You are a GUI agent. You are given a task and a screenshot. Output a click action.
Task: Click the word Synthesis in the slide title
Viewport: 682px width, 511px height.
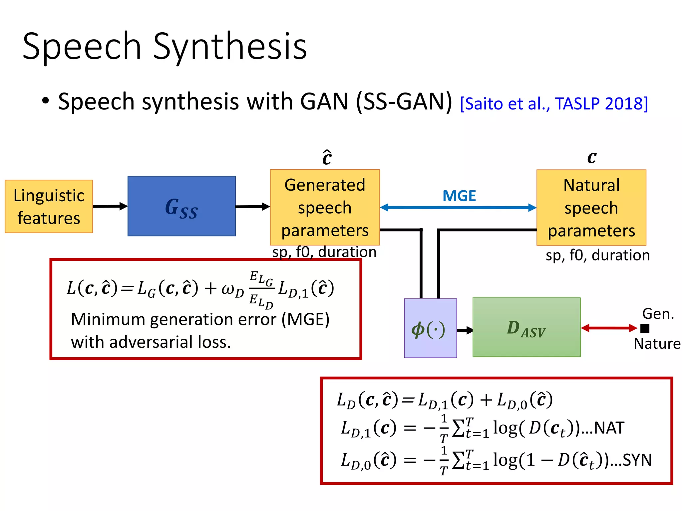[x=230, y=47]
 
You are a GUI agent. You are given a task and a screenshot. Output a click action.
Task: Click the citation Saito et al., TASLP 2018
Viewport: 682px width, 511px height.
[x=553, y=104]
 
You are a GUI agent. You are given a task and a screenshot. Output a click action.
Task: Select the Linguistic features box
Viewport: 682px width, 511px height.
[x=49, y=207]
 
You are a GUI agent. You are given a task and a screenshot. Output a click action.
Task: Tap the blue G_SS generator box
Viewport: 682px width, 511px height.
[x=181, y=206]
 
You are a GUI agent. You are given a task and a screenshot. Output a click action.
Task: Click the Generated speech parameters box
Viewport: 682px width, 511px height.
[x=325, y=207]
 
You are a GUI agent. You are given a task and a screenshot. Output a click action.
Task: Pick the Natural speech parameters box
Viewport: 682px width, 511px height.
[x=591, y=208]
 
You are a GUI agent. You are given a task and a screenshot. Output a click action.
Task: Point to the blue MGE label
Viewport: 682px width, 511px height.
[x=459, y=196]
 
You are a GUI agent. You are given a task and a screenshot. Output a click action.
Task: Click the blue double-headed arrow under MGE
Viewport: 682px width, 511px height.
[x=458, y=208]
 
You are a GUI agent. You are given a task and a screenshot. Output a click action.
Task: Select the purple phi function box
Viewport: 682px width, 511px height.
[x=430, y=328]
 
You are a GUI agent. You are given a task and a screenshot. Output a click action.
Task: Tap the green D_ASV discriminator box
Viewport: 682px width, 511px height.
[x=526, y=327]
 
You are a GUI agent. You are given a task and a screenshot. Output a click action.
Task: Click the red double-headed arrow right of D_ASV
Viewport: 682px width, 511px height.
[x=609, y=328]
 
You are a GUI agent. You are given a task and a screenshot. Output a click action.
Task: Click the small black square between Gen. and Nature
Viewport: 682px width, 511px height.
[x=645, y=328]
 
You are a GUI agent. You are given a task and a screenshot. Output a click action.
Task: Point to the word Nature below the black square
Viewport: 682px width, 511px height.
[x=657, y=344]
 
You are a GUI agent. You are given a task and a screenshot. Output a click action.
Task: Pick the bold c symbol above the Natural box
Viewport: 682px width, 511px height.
[x=591, y=157]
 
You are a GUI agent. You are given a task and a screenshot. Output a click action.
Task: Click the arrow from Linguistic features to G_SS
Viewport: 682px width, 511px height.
[x=110, y=206]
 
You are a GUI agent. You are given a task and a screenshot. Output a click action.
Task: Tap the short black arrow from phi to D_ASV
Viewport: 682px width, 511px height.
[x=465, y=330]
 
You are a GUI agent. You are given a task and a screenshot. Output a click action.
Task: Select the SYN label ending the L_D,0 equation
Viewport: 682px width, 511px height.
[x=637, y=460]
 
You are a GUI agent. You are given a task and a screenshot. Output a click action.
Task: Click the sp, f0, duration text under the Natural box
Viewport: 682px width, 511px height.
[x=597, y=255]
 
